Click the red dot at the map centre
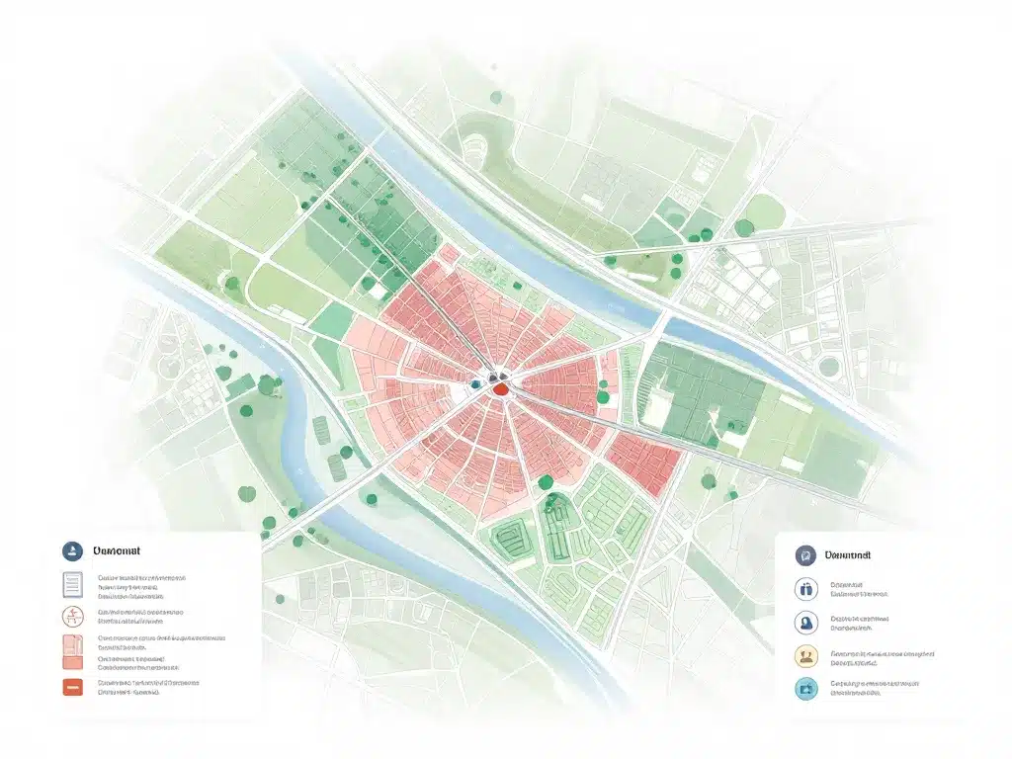501,388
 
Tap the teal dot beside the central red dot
476,383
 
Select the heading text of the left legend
118,551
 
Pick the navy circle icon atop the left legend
71,551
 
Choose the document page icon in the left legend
72,586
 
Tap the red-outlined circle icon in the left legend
72,618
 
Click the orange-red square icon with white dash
72,687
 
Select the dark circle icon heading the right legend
806,556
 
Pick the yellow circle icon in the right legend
806,657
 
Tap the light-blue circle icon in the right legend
806,689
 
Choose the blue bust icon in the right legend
806,623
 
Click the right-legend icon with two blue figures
806,590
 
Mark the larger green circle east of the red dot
603,396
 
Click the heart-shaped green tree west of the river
267,384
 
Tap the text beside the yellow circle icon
882,657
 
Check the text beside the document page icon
140,586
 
